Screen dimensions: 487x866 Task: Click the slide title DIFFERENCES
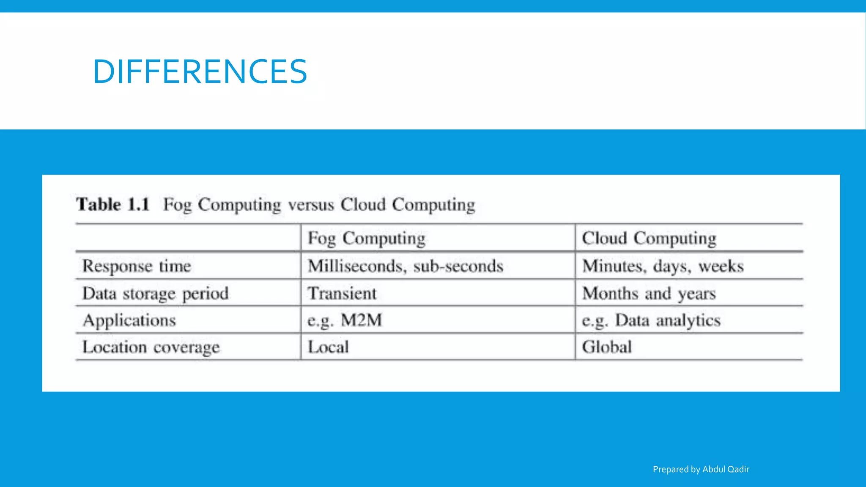point(200,71)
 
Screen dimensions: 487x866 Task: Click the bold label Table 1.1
point(113,205)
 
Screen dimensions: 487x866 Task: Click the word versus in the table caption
point(311,205)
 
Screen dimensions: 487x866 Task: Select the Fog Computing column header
point(366,238)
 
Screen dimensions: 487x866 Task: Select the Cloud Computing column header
point(649,238)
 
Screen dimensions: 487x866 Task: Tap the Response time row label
point(137,266)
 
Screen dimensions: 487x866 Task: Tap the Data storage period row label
point(155,294)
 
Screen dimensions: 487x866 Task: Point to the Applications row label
point(129,320)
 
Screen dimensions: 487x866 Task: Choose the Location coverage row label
point(151,347)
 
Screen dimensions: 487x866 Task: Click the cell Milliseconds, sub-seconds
point(405,266)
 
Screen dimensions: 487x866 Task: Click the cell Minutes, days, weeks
point(662,266)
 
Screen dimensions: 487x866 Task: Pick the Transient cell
point(342,293)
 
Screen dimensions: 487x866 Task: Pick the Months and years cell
point(649,293)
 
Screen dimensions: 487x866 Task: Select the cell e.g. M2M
point(344,320)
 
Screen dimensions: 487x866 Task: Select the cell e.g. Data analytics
point(651,320)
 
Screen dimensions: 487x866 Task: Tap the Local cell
point(328,347)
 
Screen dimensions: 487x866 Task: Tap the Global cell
point(606,347)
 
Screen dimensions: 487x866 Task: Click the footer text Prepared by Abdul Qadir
point(701,469)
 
